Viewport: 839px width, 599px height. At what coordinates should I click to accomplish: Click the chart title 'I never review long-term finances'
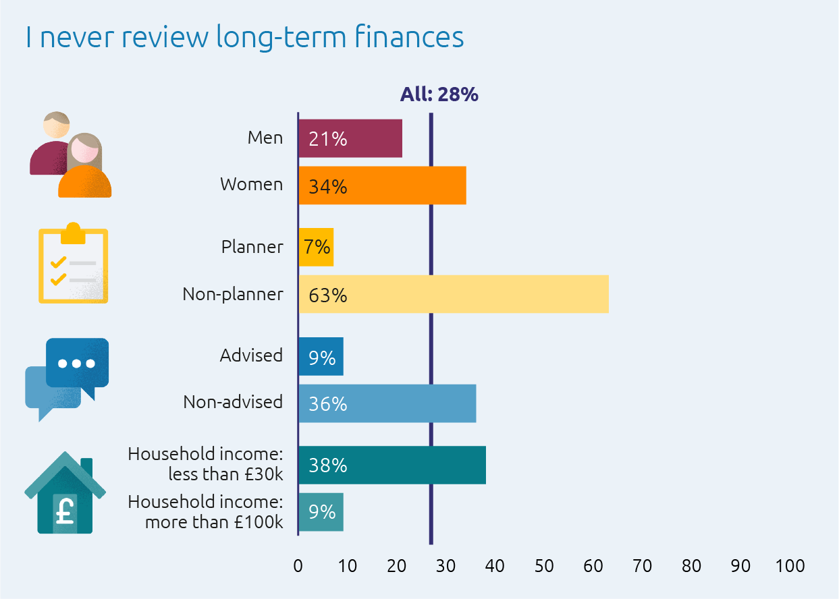point(244,37)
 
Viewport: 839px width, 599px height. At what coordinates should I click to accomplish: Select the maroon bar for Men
point(350,139)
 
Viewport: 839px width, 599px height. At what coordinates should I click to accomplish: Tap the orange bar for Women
point(382,186)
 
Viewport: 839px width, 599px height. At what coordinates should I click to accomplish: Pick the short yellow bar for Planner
point(316,248)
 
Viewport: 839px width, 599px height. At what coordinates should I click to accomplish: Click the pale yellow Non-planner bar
point(454,295)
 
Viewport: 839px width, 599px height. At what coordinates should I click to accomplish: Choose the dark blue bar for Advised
point(321,357)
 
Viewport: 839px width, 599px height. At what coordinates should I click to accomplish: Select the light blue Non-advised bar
point(387,403)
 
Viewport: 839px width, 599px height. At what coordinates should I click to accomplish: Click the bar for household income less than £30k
point(392,465)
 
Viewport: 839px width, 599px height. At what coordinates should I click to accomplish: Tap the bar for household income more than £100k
point(321,512)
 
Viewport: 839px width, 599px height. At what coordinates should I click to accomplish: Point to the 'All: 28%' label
point(439,94)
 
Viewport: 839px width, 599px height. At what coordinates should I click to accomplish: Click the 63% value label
point(327,295)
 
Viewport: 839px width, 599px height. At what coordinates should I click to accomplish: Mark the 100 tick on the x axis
point(790,566)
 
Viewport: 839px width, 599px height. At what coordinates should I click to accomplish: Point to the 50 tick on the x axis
point(544,566)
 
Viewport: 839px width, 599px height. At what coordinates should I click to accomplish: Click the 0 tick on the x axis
point(298,566)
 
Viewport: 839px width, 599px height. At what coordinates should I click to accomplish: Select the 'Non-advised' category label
point(233,402)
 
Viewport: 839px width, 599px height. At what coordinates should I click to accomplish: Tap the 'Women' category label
point(251,184)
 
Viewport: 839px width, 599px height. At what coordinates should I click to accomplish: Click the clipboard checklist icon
point(73,263)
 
